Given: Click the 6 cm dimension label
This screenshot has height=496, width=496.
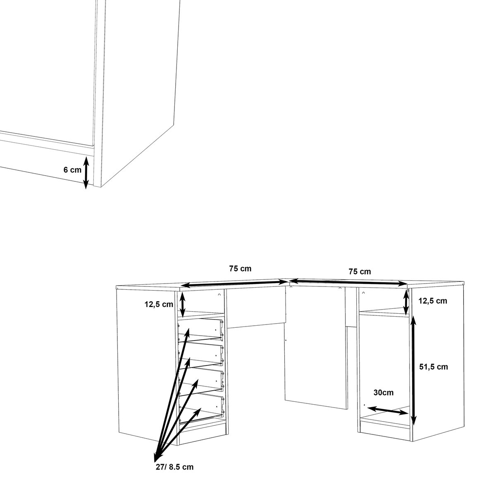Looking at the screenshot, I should click(73, 169).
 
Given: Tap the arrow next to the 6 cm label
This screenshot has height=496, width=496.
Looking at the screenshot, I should click(86, 172).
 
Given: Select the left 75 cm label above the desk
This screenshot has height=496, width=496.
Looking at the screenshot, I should click(240, 269).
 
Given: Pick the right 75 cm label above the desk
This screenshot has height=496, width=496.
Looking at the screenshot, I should click(360, 272).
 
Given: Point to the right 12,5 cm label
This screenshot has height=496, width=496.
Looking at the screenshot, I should click(433, 300).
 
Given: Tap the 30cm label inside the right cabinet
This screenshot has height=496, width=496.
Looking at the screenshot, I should click(382, 393).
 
